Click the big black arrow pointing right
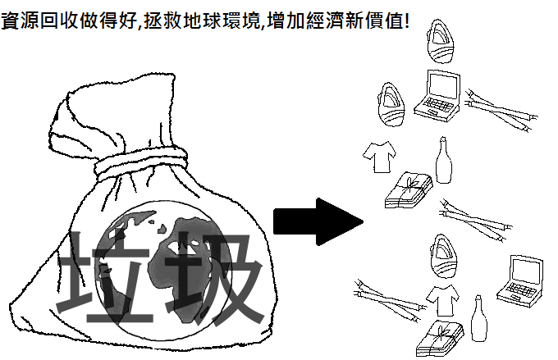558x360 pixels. click(x=318, y=221)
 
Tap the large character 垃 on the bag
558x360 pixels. click(x=105, y=276)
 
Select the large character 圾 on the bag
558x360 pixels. click(x=213, y=277)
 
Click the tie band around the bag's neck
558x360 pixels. click(x=140, y=162)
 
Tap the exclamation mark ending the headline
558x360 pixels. click(x=406, y=21)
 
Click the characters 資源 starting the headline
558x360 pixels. click(x=20, y=21)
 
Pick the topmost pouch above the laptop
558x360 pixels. click(x=441, y=41)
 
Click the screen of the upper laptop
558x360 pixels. click(x=443, y=85)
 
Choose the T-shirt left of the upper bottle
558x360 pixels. click(x=380, y=157)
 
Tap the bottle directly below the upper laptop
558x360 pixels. click(x=444, y=161)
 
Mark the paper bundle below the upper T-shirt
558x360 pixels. click(x=409, y=190)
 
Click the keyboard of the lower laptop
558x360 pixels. click(x=522, y=290)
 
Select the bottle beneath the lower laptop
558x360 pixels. click(x=479, y=318)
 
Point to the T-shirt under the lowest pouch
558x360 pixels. click(x=442, y=301)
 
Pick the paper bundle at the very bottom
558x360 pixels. click(x=440, y=338)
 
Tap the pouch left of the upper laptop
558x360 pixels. click(x=391, y=104)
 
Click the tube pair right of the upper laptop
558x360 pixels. click(x=501, y=110)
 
